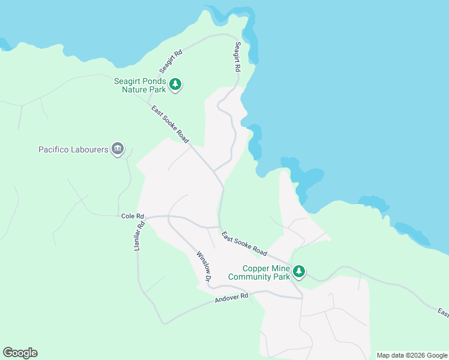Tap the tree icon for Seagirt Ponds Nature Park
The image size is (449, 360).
point(175,85)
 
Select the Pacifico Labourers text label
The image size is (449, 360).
point(73,149)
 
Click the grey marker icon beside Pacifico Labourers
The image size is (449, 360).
point(117,149)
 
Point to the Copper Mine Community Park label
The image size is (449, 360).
point(259,272)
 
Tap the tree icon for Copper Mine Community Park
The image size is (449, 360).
point(299,272)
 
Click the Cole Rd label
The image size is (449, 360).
point(132,216)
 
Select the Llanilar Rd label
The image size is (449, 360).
point(140,237)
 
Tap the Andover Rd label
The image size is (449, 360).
point(231,298)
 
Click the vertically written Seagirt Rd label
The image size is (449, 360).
point(238,57)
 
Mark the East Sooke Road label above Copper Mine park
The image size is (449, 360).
point(244,243)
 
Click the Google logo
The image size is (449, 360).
point(20,353)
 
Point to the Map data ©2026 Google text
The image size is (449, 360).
point(411,355)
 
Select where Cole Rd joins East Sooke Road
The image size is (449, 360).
point(219,227)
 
